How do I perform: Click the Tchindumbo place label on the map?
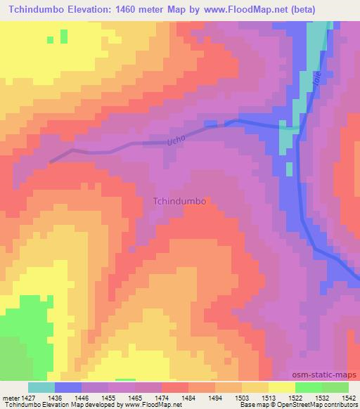[179, 200]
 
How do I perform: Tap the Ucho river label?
[175, 141]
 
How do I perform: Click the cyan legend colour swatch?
[41, 387]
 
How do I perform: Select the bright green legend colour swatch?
[308, 387]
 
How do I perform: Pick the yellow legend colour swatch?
[281, 387]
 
